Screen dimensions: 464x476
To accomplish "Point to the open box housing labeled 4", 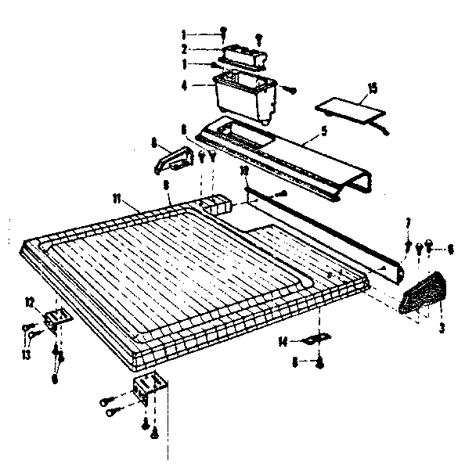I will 244,95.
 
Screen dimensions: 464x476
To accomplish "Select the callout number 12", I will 31,302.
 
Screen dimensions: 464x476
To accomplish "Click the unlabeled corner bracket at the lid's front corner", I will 148,387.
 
